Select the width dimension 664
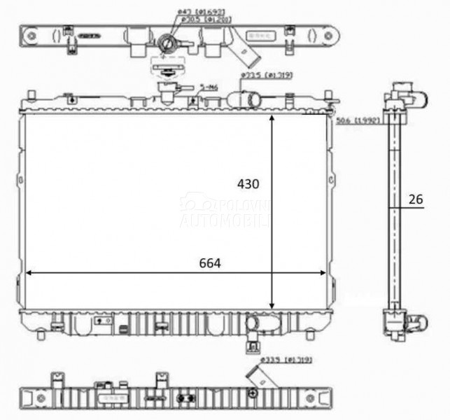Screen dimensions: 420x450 pos(209,263)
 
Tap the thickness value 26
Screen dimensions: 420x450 pos(416,199)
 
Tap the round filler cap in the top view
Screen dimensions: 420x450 pos(167,43)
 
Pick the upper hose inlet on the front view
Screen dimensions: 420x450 pos(251,99)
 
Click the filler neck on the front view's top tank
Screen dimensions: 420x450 pos(168,90)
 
